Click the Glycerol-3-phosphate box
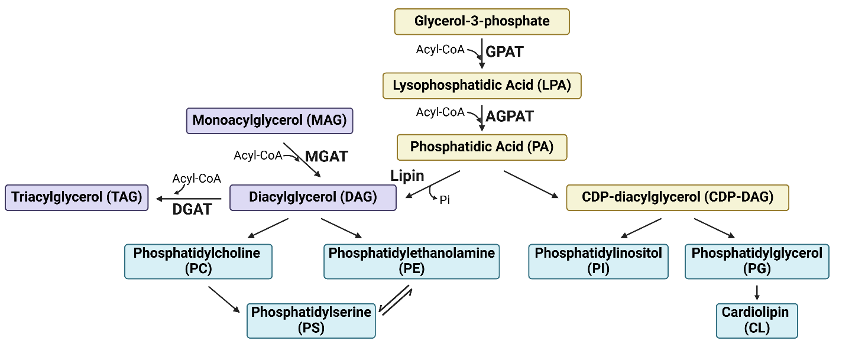tap(482, 21)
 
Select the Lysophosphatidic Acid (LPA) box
tap(482, 86)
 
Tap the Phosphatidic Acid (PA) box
tap(482, 147)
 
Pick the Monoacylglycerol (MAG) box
tap(270, 121)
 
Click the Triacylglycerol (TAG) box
tap(77, 197)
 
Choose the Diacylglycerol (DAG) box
tap(313, 197)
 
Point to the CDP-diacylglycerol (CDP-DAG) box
tap(678, 197)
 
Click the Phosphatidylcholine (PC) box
tap(198, 261)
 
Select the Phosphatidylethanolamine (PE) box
tap(412, 261)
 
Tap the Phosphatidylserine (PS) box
tap(311, 320)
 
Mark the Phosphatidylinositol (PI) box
tap(598, 261)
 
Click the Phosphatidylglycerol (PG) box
tap(757, 261)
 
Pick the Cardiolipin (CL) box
tap(757, 320)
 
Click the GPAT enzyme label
tap(504, 52)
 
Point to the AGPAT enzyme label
tap(510, 116)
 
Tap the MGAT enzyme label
tap(326, 157)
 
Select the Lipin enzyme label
tap(407, 176)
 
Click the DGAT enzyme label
tap(192, 209)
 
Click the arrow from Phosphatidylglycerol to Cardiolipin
tap(757, 291)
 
